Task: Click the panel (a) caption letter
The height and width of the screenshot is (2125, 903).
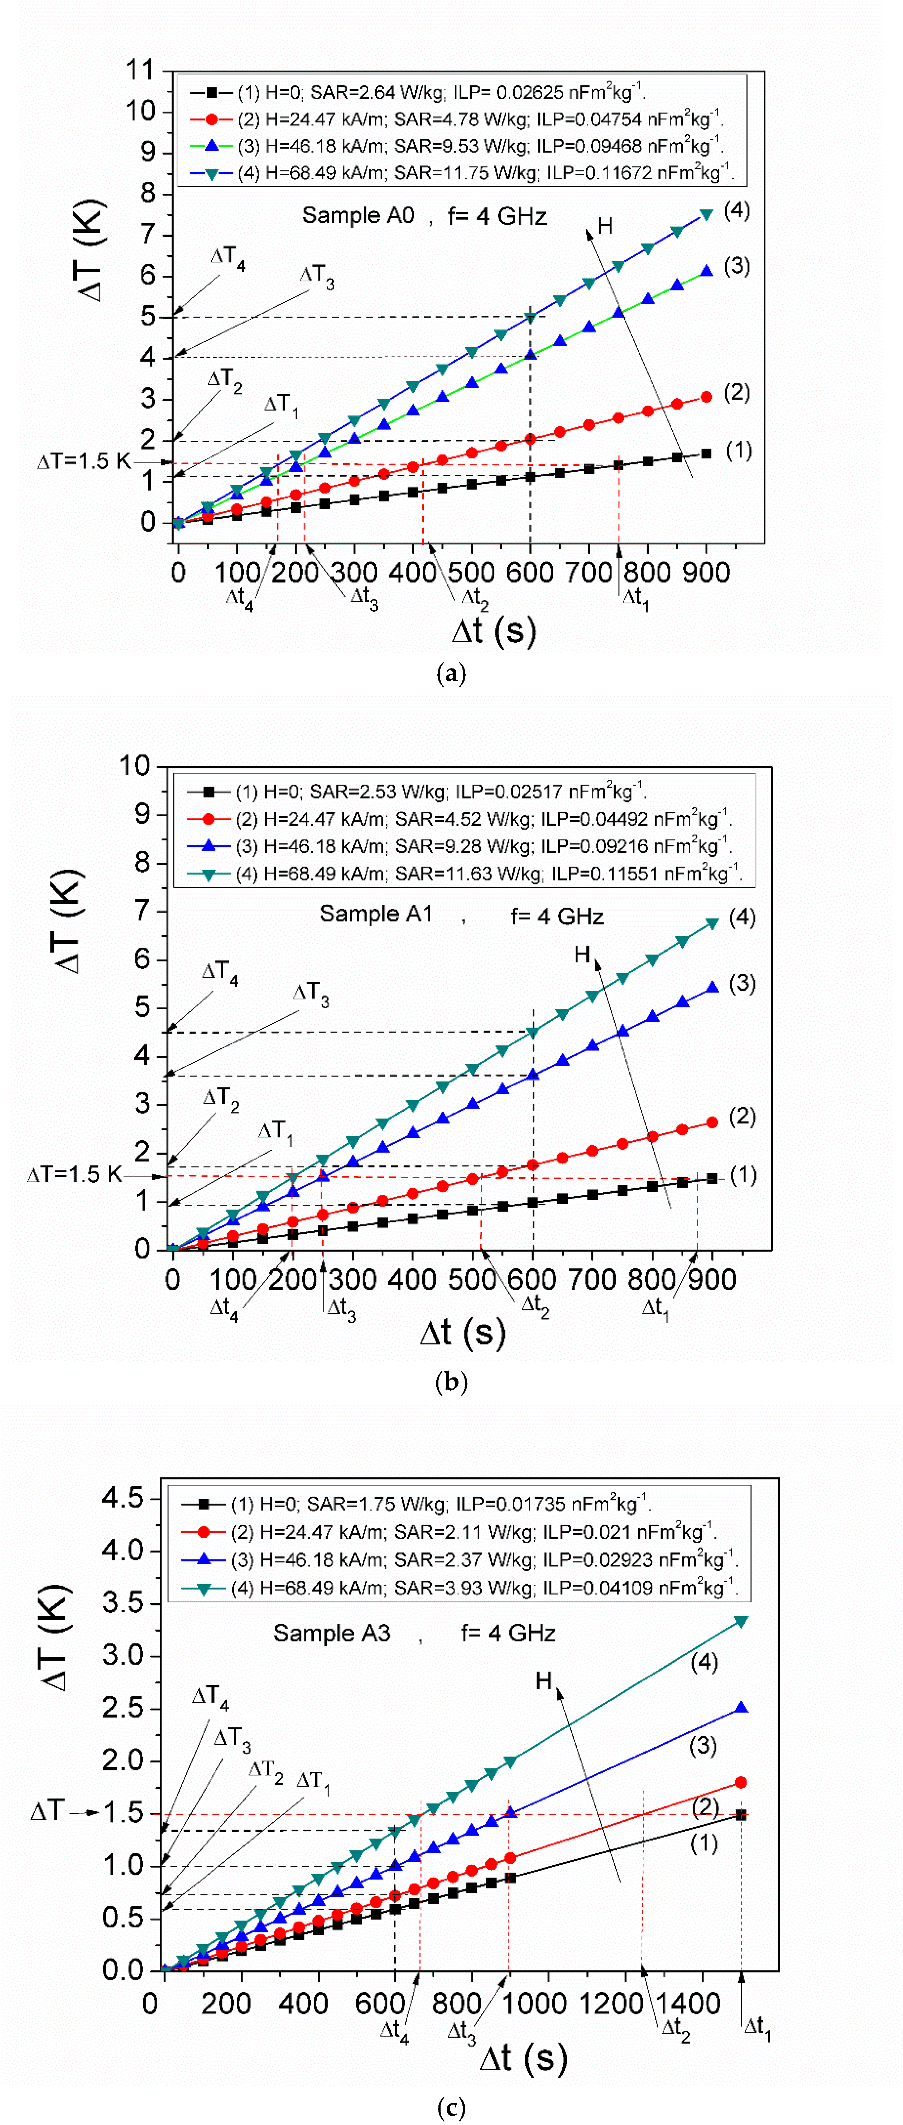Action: point(451,674)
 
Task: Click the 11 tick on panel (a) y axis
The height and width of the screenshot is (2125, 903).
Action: point(140,70)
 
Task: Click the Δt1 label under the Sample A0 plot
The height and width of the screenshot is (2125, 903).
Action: point(635,598)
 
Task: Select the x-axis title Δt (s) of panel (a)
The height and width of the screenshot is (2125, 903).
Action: point(494,631)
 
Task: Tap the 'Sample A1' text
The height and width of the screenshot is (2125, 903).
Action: point(376,914)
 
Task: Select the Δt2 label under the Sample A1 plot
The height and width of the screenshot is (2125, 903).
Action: point(535,1305)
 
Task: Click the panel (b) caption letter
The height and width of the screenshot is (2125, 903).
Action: point(451,1382)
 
